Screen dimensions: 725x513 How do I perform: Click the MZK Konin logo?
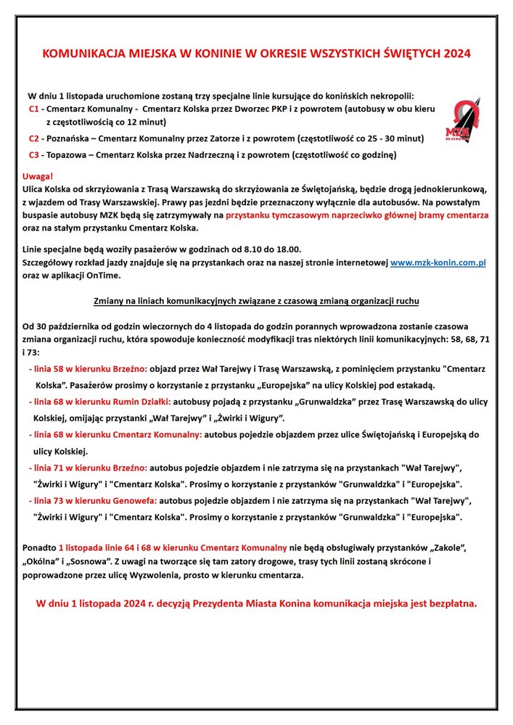(462, 121)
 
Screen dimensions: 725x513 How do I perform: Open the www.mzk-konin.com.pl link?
(438, 264)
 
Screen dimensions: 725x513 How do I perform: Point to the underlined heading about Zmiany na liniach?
(255, 300)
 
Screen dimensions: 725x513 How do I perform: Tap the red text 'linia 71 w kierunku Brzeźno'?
(87, 468)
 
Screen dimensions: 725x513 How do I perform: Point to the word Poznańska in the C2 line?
(67, 138)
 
